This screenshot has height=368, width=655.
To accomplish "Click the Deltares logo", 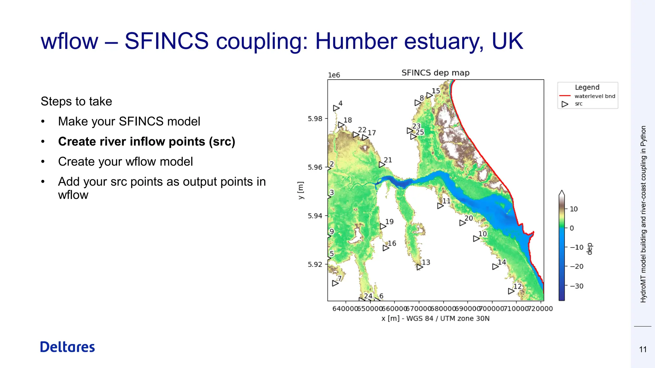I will [67, 347].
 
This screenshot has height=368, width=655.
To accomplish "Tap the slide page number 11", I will [643, 349].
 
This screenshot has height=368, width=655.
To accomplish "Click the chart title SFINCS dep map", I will [435, 73].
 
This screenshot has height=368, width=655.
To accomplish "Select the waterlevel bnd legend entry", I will [595, 96].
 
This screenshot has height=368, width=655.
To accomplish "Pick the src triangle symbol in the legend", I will [565, 104].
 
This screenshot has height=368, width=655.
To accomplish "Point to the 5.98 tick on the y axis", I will [315, 119].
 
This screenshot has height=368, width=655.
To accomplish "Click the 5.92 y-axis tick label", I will [315, 264].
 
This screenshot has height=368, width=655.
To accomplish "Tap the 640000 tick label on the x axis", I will [345, 309].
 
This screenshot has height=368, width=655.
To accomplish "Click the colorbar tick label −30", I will [577, 286].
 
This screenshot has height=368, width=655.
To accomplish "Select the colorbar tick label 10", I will [574, 209].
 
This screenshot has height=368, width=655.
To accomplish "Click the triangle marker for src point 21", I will [382, 165].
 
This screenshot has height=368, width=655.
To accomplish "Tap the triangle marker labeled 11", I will [440, 206].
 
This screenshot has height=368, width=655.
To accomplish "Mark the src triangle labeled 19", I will [383, 226].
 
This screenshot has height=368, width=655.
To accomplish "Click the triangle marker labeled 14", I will [495, 266].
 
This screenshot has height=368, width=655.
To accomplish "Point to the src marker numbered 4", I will [336, 108].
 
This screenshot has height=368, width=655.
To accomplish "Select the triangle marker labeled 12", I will [511, 291].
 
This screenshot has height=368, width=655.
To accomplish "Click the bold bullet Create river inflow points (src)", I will [146, 142].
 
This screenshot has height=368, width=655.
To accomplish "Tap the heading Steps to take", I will [76, 101].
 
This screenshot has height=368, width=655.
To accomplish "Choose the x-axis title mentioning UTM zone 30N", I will [435, 318].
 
